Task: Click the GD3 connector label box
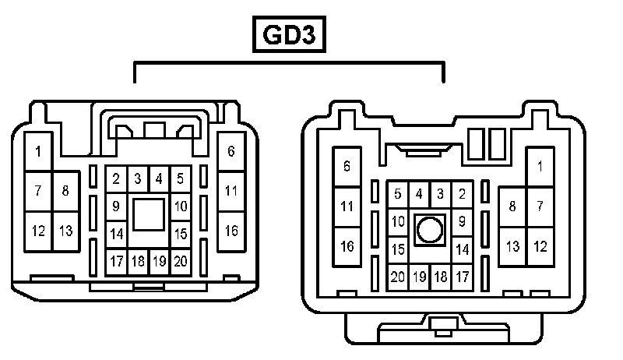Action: click(289, 35)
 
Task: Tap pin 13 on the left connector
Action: click(65, 231)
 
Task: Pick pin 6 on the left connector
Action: click(231, 151)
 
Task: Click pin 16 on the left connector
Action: click(231, 231)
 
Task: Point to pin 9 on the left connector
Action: click(116, 206)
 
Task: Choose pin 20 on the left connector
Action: click(180, 261)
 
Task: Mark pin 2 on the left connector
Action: click(116, 179)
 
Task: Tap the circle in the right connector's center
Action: click(429, 230)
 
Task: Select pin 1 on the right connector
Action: click(539, 166)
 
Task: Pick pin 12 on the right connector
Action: click(539, 246)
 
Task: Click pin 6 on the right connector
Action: click(347, 166)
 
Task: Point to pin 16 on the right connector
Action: click(347, 246)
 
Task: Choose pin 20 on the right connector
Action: click(398, 277)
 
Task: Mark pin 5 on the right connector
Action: click(398, 194)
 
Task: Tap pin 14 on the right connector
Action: click(461, 249)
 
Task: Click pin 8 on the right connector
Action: click(512, 206)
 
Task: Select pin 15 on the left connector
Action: click(180, 233)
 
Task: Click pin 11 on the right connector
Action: click(347, 206)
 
